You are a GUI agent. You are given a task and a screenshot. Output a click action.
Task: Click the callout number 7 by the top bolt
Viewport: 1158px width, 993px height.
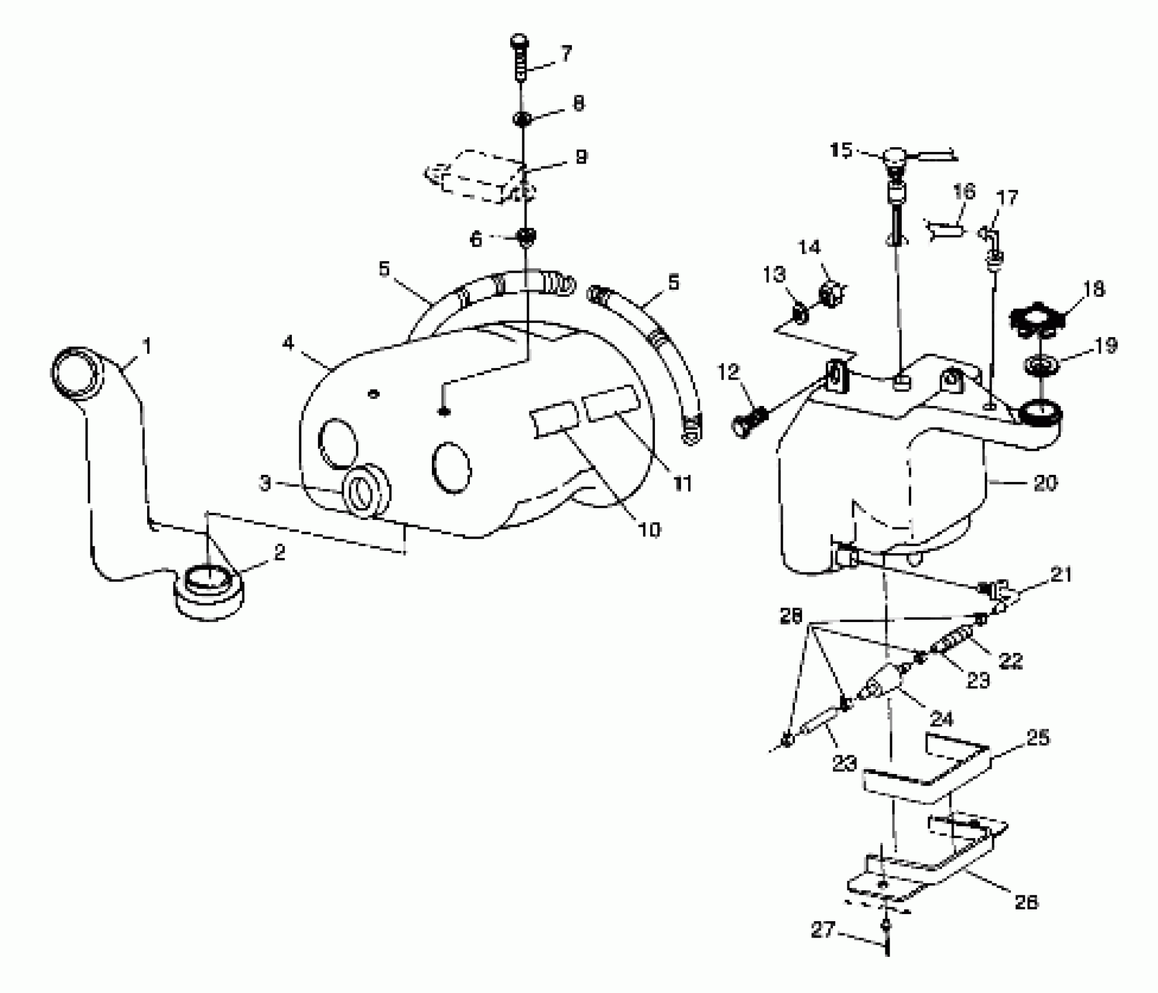coord(566,54)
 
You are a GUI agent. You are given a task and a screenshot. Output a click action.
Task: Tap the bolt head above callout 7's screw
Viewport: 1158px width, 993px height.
coord(519,42)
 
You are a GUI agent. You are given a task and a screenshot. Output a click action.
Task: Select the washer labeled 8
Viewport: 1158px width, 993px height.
coord(521,119)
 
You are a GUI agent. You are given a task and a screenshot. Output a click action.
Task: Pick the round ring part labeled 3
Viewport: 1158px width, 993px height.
coord(366,491)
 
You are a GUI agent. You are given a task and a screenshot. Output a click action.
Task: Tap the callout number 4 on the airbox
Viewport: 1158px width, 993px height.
coord(288,343)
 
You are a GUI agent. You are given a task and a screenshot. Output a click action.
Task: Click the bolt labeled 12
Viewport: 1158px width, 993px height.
coord(748,422)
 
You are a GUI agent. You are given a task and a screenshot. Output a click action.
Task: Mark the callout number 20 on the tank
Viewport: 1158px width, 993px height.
coord(1045,484)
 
